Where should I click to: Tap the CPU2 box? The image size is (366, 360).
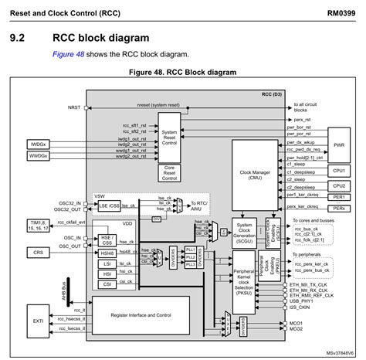[x=337, y=185]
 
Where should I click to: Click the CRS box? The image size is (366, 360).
[x=39, y=253]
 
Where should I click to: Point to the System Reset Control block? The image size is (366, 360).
[x=171, y=136]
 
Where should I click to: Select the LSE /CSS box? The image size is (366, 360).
[x=108, y=206]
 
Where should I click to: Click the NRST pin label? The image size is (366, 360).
[x=74, y=107]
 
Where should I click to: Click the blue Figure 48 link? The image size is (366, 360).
[x=70, y=54]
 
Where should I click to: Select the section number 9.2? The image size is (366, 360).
[x=19, y=37]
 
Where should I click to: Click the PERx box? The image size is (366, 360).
[x=337, y=209]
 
